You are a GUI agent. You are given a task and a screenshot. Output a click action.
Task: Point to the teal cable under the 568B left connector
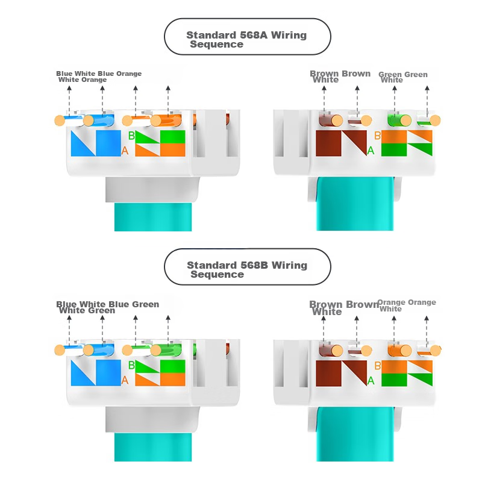[x=153, y=446]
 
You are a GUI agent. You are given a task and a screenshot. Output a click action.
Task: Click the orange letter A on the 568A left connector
[x=125, y=150]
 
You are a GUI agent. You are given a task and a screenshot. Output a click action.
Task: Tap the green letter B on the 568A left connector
[x=131, y=136]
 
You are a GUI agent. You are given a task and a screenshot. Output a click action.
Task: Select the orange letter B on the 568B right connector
[x=377, y=365]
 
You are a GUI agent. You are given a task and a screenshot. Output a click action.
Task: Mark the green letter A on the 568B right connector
[x=371, y=380]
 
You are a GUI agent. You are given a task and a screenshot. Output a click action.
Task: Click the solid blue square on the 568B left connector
[x=108, y=373]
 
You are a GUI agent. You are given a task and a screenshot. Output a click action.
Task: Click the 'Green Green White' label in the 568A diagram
[x=402, y=77]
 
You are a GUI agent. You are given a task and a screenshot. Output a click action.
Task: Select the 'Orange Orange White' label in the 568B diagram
[x=406, y=305]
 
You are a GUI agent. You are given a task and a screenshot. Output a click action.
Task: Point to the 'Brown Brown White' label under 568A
[x=340, y=76]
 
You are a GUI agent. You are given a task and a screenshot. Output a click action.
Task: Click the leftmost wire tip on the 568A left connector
[x=59, y=120]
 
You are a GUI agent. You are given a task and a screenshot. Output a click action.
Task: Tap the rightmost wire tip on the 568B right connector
[x=436, y=349]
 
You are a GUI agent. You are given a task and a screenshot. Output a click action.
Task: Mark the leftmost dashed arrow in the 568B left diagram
[x=69, y=328]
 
